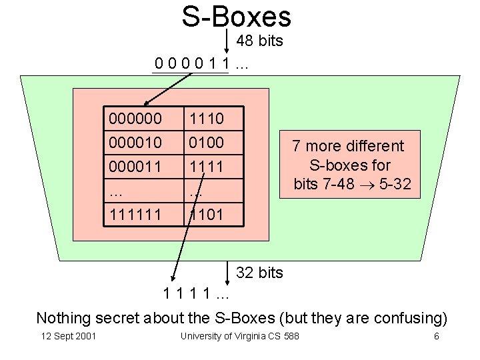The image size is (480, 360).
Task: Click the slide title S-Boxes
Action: [x=236, y=17]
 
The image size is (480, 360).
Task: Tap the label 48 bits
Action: [x=260, y=41]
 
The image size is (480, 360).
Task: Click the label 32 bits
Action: [x=260, y=273]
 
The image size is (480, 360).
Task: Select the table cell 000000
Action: [x=135, y=119]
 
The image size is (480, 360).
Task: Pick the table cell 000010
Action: [x=135, y=142]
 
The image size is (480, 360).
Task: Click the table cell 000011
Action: [x=135, y=165]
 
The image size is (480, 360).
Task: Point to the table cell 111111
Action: [x=135, y=215]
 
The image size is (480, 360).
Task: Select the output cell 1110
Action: [x=207, y=119]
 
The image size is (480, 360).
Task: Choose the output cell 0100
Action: [x=207, y=142]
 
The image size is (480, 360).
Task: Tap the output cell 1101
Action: [x=207, y=215]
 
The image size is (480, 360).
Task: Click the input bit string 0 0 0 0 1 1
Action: [x=192, y=64]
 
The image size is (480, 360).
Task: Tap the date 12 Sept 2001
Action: [x=69, y=336]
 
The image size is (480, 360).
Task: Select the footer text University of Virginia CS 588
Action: [x=239, y=336]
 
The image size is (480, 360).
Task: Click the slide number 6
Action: [x=437, y=336]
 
